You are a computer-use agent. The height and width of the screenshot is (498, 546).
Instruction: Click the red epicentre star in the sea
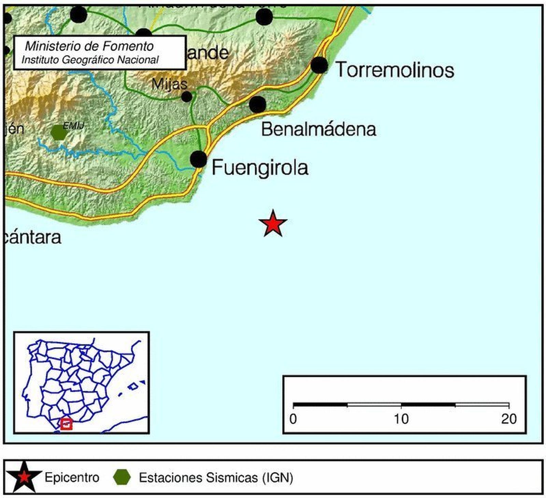click(x=273, y=224)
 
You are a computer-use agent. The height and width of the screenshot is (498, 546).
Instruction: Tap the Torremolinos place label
click(x=395, y=70)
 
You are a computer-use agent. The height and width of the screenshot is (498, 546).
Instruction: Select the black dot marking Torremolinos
click(x=319, y=65)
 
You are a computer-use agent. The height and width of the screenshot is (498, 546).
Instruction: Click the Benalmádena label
click(x=318, y=129)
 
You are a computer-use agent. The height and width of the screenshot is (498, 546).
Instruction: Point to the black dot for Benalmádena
click(x=258, y=104)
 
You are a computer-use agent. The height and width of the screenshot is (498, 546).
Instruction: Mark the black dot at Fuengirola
click(x=199, y=159)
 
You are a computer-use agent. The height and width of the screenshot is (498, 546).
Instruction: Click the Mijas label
click(x=169, y=84)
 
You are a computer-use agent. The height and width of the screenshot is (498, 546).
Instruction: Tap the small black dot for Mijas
click(x=187, y=97)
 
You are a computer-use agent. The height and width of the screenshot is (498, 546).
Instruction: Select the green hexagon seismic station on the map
click(x=59, y=133)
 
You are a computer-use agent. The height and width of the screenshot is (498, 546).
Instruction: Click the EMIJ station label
click(x=73, y=126)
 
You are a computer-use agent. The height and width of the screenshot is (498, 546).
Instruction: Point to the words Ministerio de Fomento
click(x=89, y=46)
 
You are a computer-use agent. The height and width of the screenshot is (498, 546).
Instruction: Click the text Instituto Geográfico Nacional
click(x=90, y=60)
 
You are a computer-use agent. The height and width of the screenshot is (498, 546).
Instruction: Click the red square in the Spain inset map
click(x=66, y=424)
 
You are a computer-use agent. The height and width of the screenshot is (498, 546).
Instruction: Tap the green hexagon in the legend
click(x=122, y=477)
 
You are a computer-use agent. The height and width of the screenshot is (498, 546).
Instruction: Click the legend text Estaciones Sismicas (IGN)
click(x=216, y=478)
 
